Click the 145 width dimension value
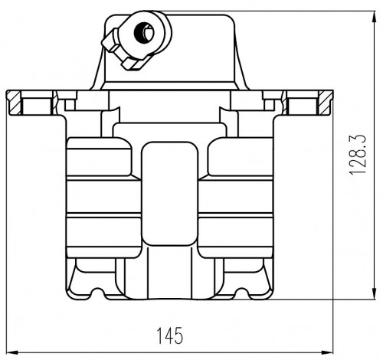click(x=170, y=335)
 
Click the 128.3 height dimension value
click(x=358, y=155)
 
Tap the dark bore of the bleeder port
click(x=144, y=33)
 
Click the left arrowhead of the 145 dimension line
click(x=12, y=352)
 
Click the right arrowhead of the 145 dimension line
click(x=327, y=352)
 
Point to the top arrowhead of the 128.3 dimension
click(x=374, y=18)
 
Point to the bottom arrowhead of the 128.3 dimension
click(x=374, y=293)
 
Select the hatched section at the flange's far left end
click(x=15, y=103)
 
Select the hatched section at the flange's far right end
click(x=326, y=103)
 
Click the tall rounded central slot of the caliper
click(x=169, y=194)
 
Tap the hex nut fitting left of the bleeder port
click(x=110, y=41)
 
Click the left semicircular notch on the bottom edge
click(x=97, y=293)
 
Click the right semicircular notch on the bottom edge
click(x=241, y=293)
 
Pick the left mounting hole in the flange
click(x=37, y=106)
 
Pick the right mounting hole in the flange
click(x=303, y=106)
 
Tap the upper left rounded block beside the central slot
click(x=99, y=157)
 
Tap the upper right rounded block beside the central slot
click(x=241, y=157)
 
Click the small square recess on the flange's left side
click(x=70, y=105)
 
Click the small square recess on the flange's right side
click(x=269, y=105)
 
